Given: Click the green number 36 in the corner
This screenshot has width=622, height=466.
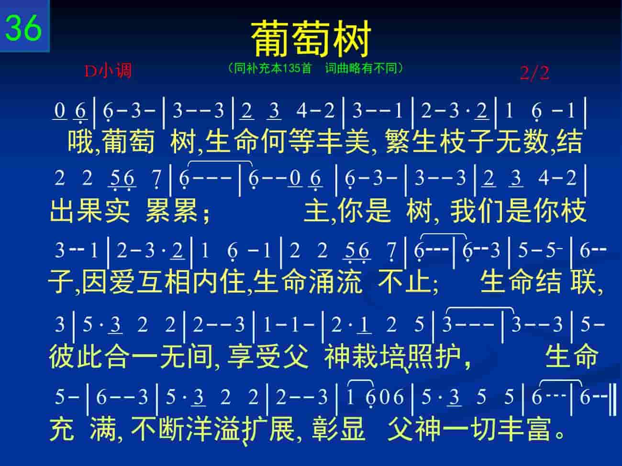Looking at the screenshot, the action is [23, 28].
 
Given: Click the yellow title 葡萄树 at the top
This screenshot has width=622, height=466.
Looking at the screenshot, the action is [311, 38].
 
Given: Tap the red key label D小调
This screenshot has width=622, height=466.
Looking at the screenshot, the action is [108, 71].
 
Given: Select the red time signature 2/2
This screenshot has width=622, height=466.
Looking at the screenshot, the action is [535, 73].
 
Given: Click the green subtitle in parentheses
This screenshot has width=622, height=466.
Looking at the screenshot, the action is [315, 68].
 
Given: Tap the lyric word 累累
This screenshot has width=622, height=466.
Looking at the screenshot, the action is [171, 211].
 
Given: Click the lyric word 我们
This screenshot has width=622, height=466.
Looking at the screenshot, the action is [477, 211].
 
